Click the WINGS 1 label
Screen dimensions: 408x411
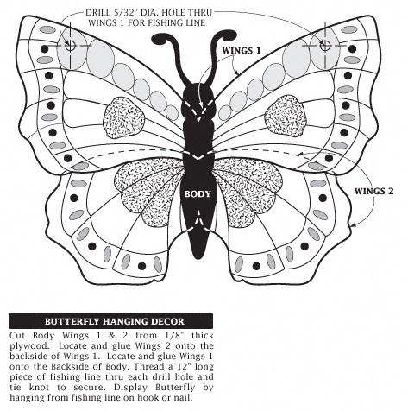click(x=242, y=51)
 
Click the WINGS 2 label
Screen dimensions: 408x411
click(x=373, y=191)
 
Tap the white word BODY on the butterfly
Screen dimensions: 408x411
click(x=198, y=194)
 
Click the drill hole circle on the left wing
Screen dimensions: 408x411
click(x=70, y=45)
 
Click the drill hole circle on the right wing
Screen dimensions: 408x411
click(x=325, y=45)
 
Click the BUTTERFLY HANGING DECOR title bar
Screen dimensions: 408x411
click(x=111, y=321)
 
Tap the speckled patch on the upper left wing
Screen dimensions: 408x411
click(x=124, y=117)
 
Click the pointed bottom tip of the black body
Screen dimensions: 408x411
click(x=198, y=257)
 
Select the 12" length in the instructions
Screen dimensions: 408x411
click(x=182, y=367)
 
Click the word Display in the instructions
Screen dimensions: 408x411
click(x=130, y=388)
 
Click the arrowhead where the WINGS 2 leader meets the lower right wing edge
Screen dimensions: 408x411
click(x=353, y=225)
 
